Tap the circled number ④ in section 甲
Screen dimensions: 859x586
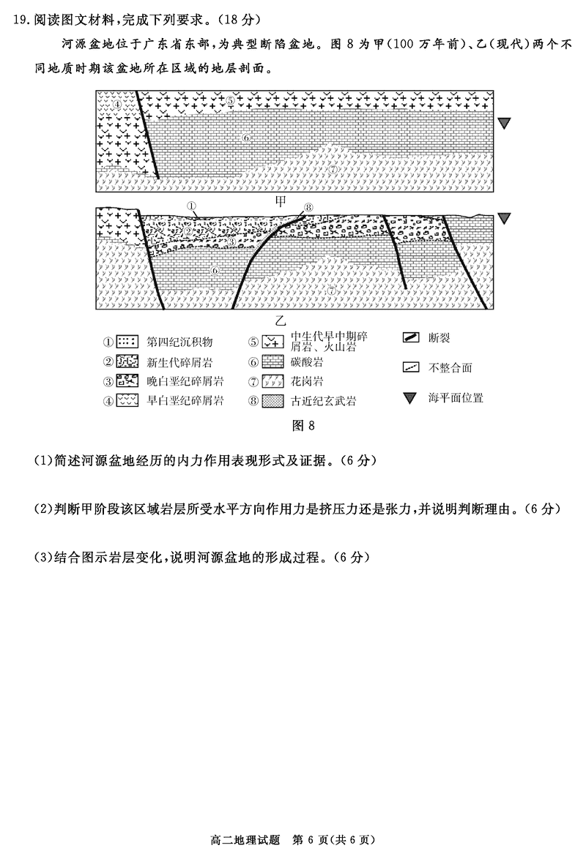pyautogui.click(x=117, y=103)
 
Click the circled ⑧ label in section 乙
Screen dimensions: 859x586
pyautogui.click(x=308, y=207)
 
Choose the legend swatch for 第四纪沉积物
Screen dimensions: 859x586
pyautogui.click(x=128, y=341)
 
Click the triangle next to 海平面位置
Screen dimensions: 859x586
pyautogui.click(x=410, y=398)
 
